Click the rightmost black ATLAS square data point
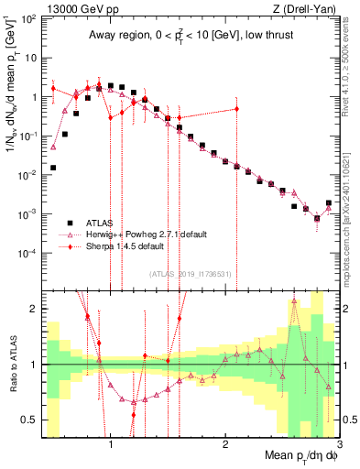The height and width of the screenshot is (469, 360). [x=329, y=203]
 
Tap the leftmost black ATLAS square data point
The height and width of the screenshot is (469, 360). [x=53, y=168]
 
